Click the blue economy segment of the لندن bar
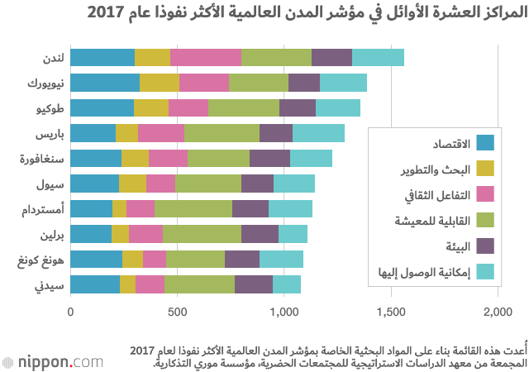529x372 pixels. tap(102, 57)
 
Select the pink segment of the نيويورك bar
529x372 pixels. tap(204, 83)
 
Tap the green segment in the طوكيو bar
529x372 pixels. tap(244, 107)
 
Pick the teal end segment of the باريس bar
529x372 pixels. tap(318, 133)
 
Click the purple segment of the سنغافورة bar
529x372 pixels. tap(269, 159)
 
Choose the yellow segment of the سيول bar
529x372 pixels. tap(133, 184)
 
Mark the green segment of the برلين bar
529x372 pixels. tap(202, 234)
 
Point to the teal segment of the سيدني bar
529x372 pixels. tap(286, 284)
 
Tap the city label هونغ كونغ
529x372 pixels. tap(40, 260)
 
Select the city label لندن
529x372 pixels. tap(51, 57)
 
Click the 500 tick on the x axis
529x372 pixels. tap(178, 312)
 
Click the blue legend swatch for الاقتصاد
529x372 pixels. tap(486, 144)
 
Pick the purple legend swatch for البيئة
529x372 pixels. tap(486, 246)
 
